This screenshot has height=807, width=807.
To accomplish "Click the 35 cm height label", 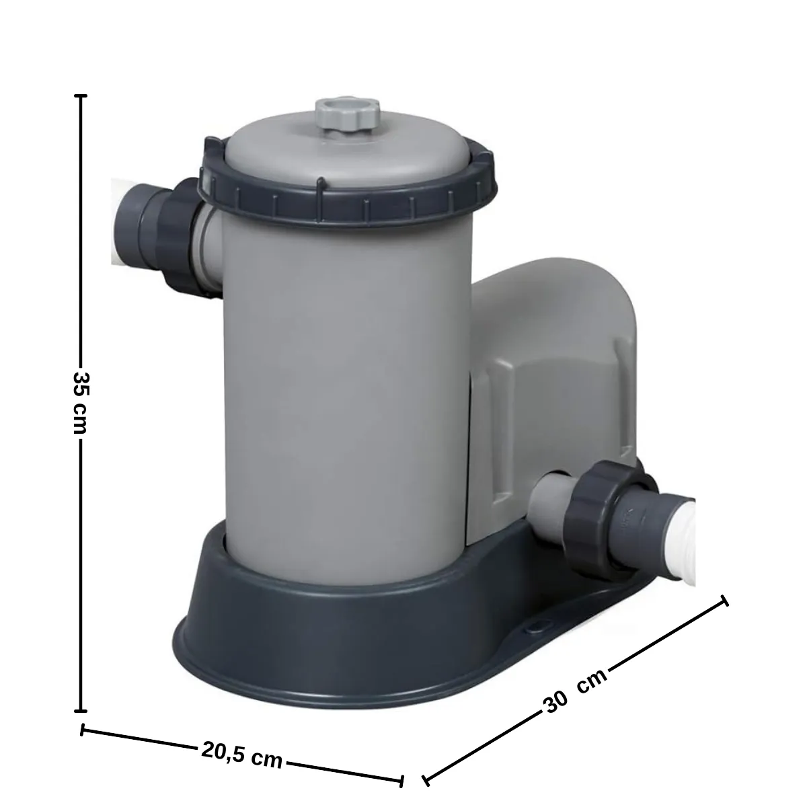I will tap(81, 401).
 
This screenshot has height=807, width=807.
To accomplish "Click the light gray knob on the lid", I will tap(347, 118).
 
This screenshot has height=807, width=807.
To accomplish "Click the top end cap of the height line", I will tap(82, 97).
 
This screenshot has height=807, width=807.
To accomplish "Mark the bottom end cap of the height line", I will tap(82, 709).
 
